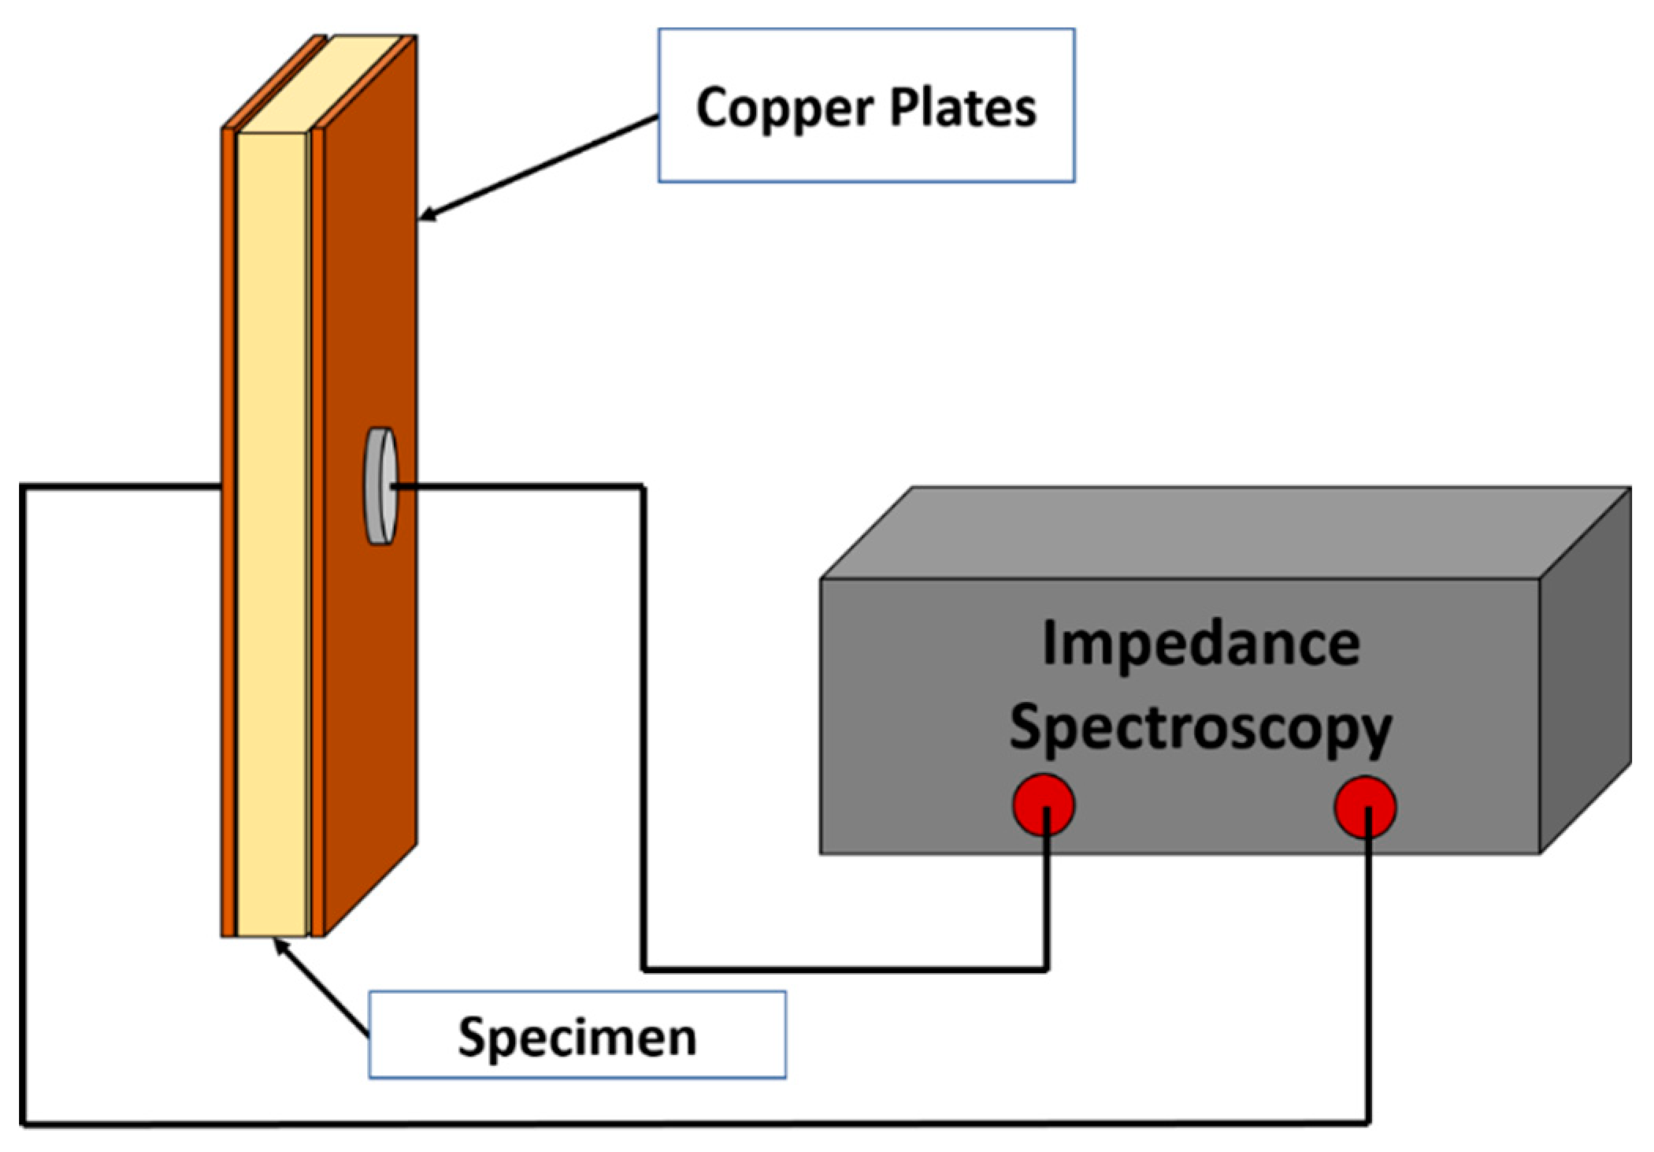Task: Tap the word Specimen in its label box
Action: (x=577, y=1036)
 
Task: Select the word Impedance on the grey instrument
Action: (x=1200, y=645)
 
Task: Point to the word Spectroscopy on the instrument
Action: (x=1200, y=729)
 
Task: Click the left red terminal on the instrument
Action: (x=1043, y=805)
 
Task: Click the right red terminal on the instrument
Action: (x=1365, y=807)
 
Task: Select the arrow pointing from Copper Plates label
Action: (x=536, y=168)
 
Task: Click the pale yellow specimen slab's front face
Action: (x=272, y=552)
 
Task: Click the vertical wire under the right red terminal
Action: (x=1369, y=985)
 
